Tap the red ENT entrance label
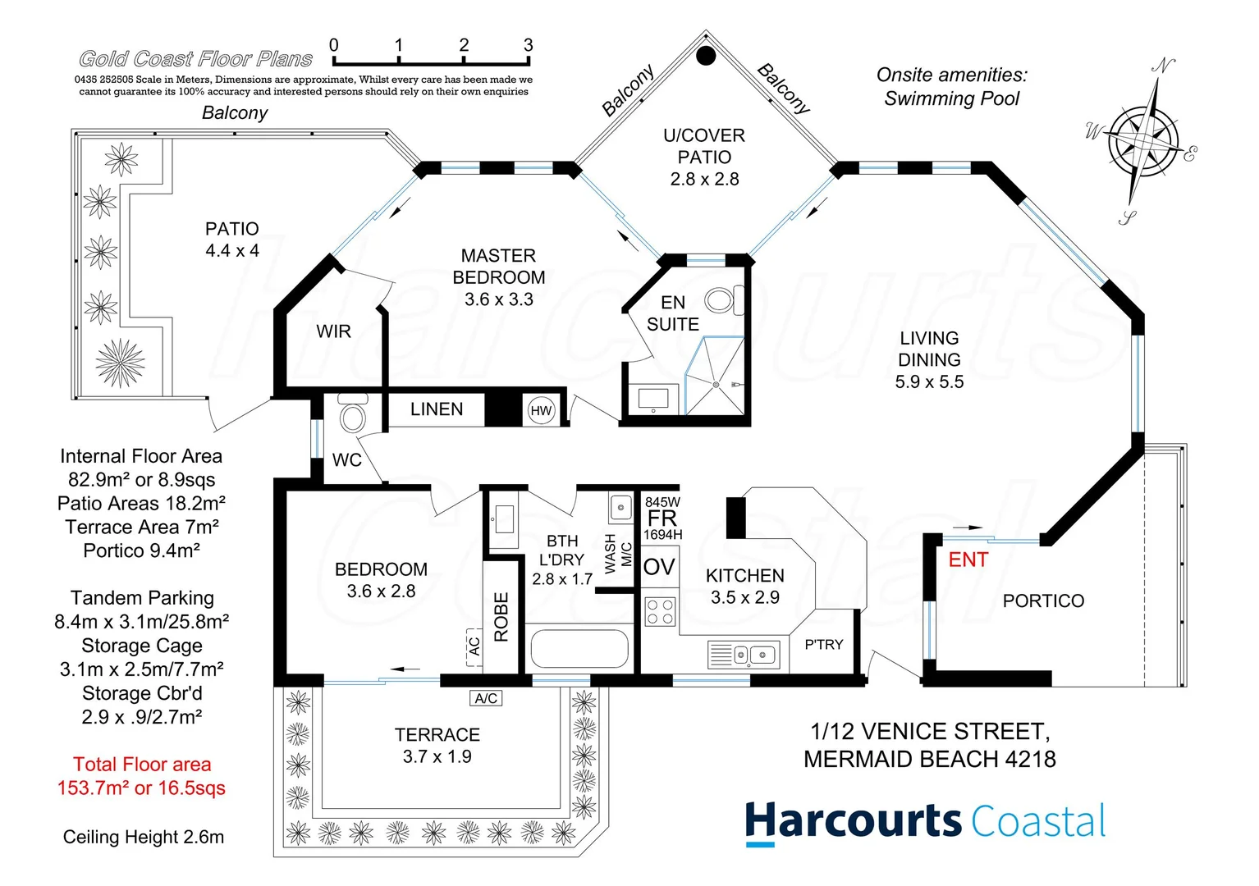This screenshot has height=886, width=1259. pyautogui.click(x=968, y=560)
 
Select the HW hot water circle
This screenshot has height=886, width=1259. pyautogui.click(x=541, y=411)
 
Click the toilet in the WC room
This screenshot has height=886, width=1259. pyautogui.click(x=353, y=415)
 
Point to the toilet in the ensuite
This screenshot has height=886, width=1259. pyautogui.click(x=721, y=299)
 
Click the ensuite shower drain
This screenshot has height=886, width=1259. pyautogui.click(x=716, y=384)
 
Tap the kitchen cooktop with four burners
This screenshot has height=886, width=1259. pyautogui.click(x=660, y=612)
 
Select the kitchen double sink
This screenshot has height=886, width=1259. pyautogui.click(x=754, y=655)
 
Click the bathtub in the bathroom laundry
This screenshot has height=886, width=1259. pyautogui.click(x=579, y=649)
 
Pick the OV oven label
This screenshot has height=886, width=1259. pyautogui.click(x=659, y=567)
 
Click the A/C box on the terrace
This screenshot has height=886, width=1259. pyautogui.click(x=486, y=698)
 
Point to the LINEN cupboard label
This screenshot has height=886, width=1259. pyautogui.click(x=437, y=409)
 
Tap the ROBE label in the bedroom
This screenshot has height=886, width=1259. pyautogui.click(x=501, y=617)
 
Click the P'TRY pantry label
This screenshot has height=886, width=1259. pyautogui.click(x=823, y=645)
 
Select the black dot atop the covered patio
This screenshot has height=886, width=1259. pyautogui.click(x=706, y=56)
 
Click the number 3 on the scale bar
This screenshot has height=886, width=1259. pyautogui.click(x=528, y=45)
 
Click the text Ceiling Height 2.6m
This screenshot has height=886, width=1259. pyautogui.click(x=144, y=838)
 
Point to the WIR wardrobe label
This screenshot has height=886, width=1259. pyautogui.click(x=333, y=331)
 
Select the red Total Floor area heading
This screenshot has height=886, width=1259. pyautogui.click(x=142, y=765)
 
